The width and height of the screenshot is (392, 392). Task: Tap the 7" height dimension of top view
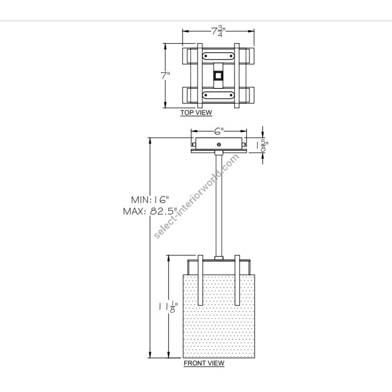[x=165, y=75]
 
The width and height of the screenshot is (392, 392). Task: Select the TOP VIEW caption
[x=196, y=113]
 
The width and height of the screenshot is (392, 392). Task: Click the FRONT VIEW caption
[x=204, y=363]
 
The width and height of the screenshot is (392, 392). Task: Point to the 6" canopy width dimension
[x=219, y=131]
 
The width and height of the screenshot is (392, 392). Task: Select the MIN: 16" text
[x=150, y=199]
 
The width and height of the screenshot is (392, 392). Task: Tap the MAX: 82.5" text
[x=150, y=211]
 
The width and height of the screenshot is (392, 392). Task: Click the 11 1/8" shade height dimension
[x=168, y=307]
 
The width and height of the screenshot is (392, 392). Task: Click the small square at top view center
[x=218, y=75]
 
